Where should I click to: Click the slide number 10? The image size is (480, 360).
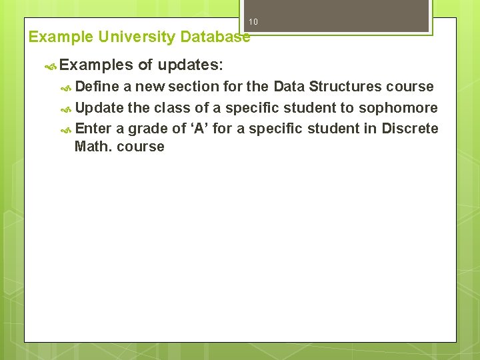[253, 23]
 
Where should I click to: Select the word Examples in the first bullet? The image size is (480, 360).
[96, 65]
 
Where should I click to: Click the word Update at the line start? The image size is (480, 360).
[99, 108]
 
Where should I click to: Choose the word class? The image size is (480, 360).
[173, 108]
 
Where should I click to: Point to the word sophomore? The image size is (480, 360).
[399, 108]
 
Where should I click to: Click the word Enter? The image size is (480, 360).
[93, 129]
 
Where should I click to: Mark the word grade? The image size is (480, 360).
[145, 129]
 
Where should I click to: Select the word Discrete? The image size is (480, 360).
[410, 129]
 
